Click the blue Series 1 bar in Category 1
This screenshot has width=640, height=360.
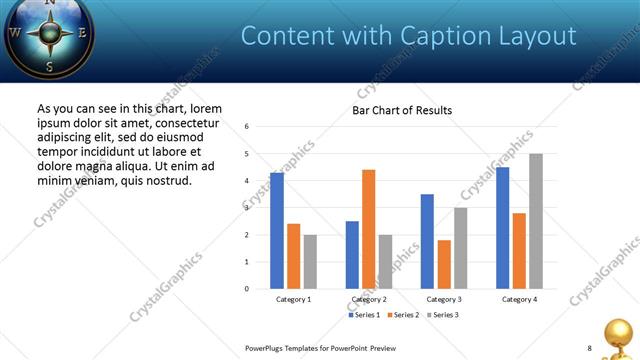point(277,231)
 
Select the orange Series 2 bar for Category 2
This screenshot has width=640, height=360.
point(368,229)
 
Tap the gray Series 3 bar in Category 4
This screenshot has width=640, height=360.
point(536,221)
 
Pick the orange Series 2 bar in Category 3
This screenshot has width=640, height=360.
point(444,264)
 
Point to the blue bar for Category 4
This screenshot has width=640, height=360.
point(502,228)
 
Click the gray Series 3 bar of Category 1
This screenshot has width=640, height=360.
point(310,262)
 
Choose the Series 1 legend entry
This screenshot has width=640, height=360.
point(363,316)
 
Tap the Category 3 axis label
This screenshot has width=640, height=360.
point(444,299)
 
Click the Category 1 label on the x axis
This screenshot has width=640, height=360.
point(294,299)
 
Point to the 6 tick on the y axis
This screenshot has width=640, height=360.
point(247,127)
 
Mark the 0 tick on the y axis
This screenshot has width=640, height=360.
point(247,289)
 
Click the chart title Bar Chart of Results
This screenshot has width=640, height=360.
point(402,110)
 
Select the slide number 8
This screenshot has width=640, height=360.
point(589,348)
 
